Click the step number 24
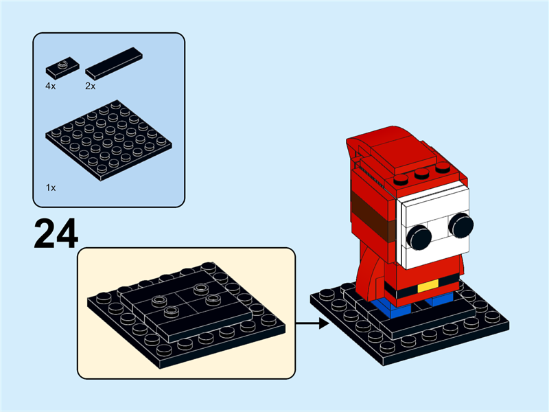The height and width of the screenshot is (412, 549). [56, 234]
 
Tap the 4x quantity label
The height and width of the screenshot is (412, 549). [51, 87]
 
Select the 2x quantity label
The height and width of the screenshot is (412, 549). [90, 87]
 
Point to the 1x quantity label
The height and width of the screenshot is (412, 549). [51, 187]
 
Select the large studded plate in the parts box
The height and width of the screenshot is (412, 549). [108, 140]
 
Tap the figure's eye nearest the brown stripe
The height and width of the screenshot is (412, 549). [418, 238]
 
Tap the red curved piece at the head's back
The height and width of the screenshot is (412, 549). [360, 158]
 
